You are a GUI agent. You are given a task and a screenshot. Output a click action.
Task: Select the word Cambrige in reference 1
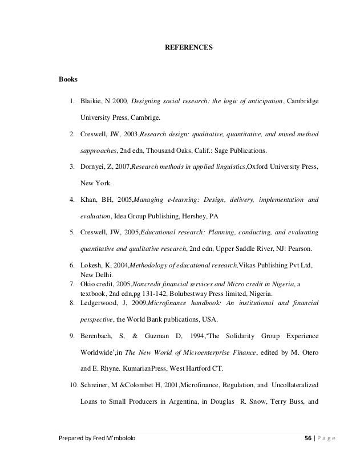point(144,118)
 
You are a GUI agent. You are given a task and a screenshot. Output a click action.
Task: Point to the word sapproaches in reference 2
point(98,151)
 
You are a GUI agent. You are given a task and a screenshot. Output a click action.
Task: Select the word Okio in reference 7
point(87,285)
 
